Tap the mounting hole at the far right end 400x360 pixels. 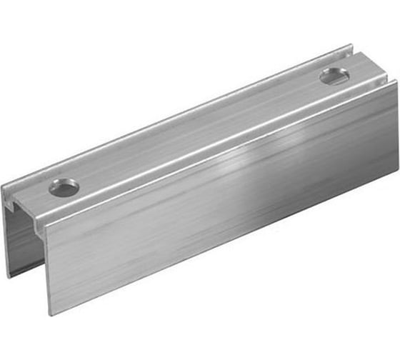pyautogui.click(x=334, y=75)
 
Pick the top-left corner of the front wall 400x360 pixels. pyautogui.click(x=45, y=225)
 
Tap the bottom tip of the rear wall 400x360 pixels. pyautogui.click(x=9, y=276)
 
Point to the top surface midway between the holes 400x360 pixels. pyautogui.click(x=200, y=132)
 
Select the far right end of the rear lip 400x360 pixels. pyautogui.click(x=351, y=48)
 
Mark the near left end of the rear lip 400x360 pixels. pyautogui.click(x=4, y=190)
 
